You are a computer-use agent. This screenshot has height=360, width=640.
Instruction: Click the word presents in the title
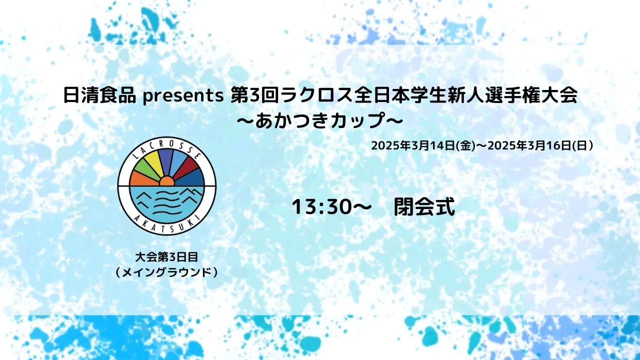tap(183, 96)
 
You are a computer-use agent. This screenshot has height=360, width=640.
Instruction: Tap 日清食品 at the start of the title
tap(99, 95)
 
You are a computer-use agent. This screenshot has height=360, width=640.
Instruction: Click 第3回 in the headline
tap(255, 95)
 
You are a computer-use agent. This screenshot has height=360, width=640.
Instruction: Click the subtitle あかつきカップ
tap(319, 121)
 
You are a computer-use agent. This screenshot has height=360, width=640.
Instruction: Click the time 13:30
tap(321, 207)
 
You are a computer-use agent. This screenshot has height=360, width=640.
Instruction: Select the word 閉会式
tap(424, 207)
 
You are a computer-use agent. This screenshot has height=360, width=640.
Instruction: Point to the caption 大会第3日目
tap(166, 257)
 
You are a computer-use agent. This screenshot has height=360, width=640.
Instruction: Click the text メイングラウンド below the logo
tap(166, 273)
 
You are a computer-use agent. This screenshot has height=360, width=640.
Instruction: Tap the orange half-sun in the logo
tap(167, 181)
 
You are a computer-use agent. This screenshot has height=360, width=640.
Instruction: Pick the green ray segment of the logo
tap(144, 171)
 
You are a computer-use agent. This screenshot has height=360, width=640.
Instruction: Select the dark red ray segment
tap(186, 169)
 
